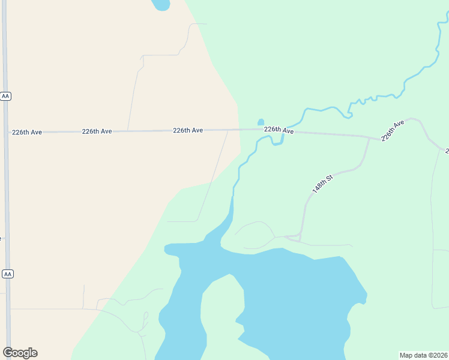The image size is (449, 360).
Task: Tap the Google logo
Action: click(x=20, y=353)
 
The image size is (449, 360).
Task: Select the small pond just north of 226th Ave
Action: click(x=261, y=122)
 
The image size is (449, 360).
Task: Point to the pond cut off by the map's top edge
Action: click(x=161, y=5)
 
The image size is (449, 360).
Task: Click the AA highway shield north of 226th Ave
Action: click(x=6, y=96)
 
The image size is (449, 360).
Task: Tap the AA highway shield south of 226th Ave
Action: click(x=7, y=274)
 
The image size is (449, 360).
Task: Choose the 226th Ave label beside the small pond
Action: click(x=279, y=130)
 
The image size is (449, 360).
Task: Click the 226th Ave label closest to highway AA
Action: click(x=26, y=132)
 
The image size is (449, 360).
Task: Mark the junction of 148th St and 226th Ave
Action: click(x=369, y=137)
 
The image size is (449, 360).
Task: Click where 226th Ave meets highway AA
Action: click(x=7, y=132)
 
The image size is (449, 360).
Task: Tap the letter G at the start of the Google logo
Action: click(x=8, y=353)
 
